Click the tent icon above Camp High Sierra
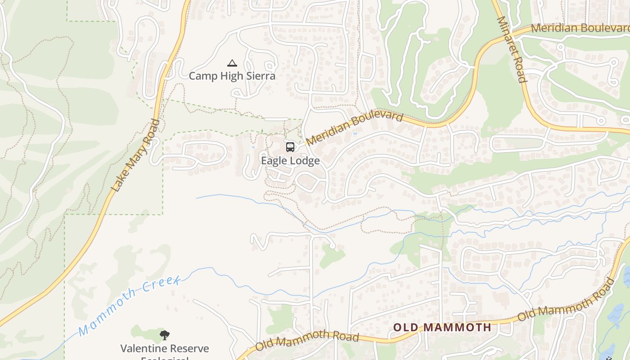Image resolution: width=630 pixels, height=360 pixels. point(232,63)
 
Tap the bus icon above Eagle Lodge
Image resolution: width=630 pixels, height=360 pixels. point(290,147)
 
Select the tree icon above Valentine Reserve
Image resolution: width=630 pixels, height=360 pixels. point(164,335)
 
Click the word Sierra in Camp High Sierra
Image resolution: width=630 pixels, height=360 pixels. point(259,76)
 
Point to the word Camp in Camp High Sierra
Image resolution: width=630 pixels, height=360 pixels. point(201,76)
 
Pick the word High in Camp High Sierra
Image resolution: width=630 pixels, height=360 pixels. point(228,76)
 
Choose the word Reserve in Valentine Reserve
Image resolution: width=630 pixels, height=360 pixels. point(191,348)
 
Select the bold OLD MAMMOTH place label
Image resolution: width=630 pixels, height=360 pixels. point(442,327)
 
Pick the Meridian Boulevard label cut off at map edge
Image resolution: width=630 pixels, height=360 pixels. point(580,28)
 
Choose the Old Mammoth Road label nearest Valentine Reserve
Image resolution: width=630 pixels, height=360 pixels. point(307,339)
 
